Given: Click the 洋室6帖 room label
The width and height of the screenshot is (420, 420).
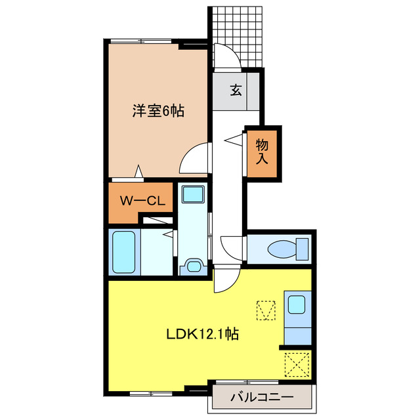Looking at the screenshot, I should coord(157,112).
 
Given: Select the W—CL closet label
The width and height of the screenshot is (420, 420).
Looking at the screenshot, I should coord(140,201).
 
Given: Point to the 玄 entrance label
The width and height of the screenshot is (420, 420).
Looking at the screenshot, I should coord(235,90).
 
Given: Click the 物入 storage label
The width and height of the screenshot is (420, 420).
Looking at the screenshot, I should coord(262,151).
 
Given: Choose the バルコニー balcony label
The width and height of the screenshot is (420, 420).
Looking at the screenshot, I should coord(262,396).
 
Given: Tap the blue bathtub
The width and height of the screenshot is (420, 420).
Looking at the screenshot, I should coord(124,252).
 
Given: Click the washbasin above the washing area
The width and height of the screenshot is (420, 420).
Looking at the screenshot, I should coord(193,195).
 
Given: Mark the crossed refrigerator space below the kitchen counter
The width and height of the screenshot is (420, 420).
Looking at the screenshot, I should coord(297,363).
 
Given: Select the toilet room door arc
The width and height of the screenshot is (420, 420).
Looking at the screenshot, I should coord(233,248).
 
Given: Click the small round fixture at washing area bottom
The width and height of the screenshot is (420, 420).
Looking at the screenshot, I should coord(194,265).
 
